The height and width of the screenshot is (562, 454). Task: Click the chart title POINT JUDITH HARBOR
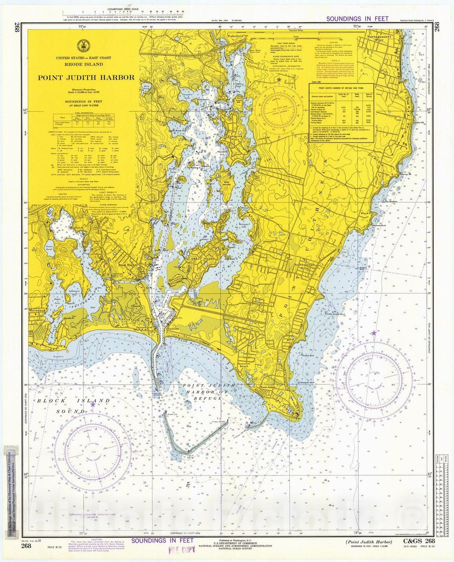pyautogui.click(x=86, y=77)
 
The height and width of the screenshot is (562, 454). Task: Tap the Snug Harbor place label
pyautogui.click(x=128, y=265)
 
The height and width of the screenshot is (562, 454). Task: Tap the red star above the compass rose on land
pyautogui.click(x=277, y=79)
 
